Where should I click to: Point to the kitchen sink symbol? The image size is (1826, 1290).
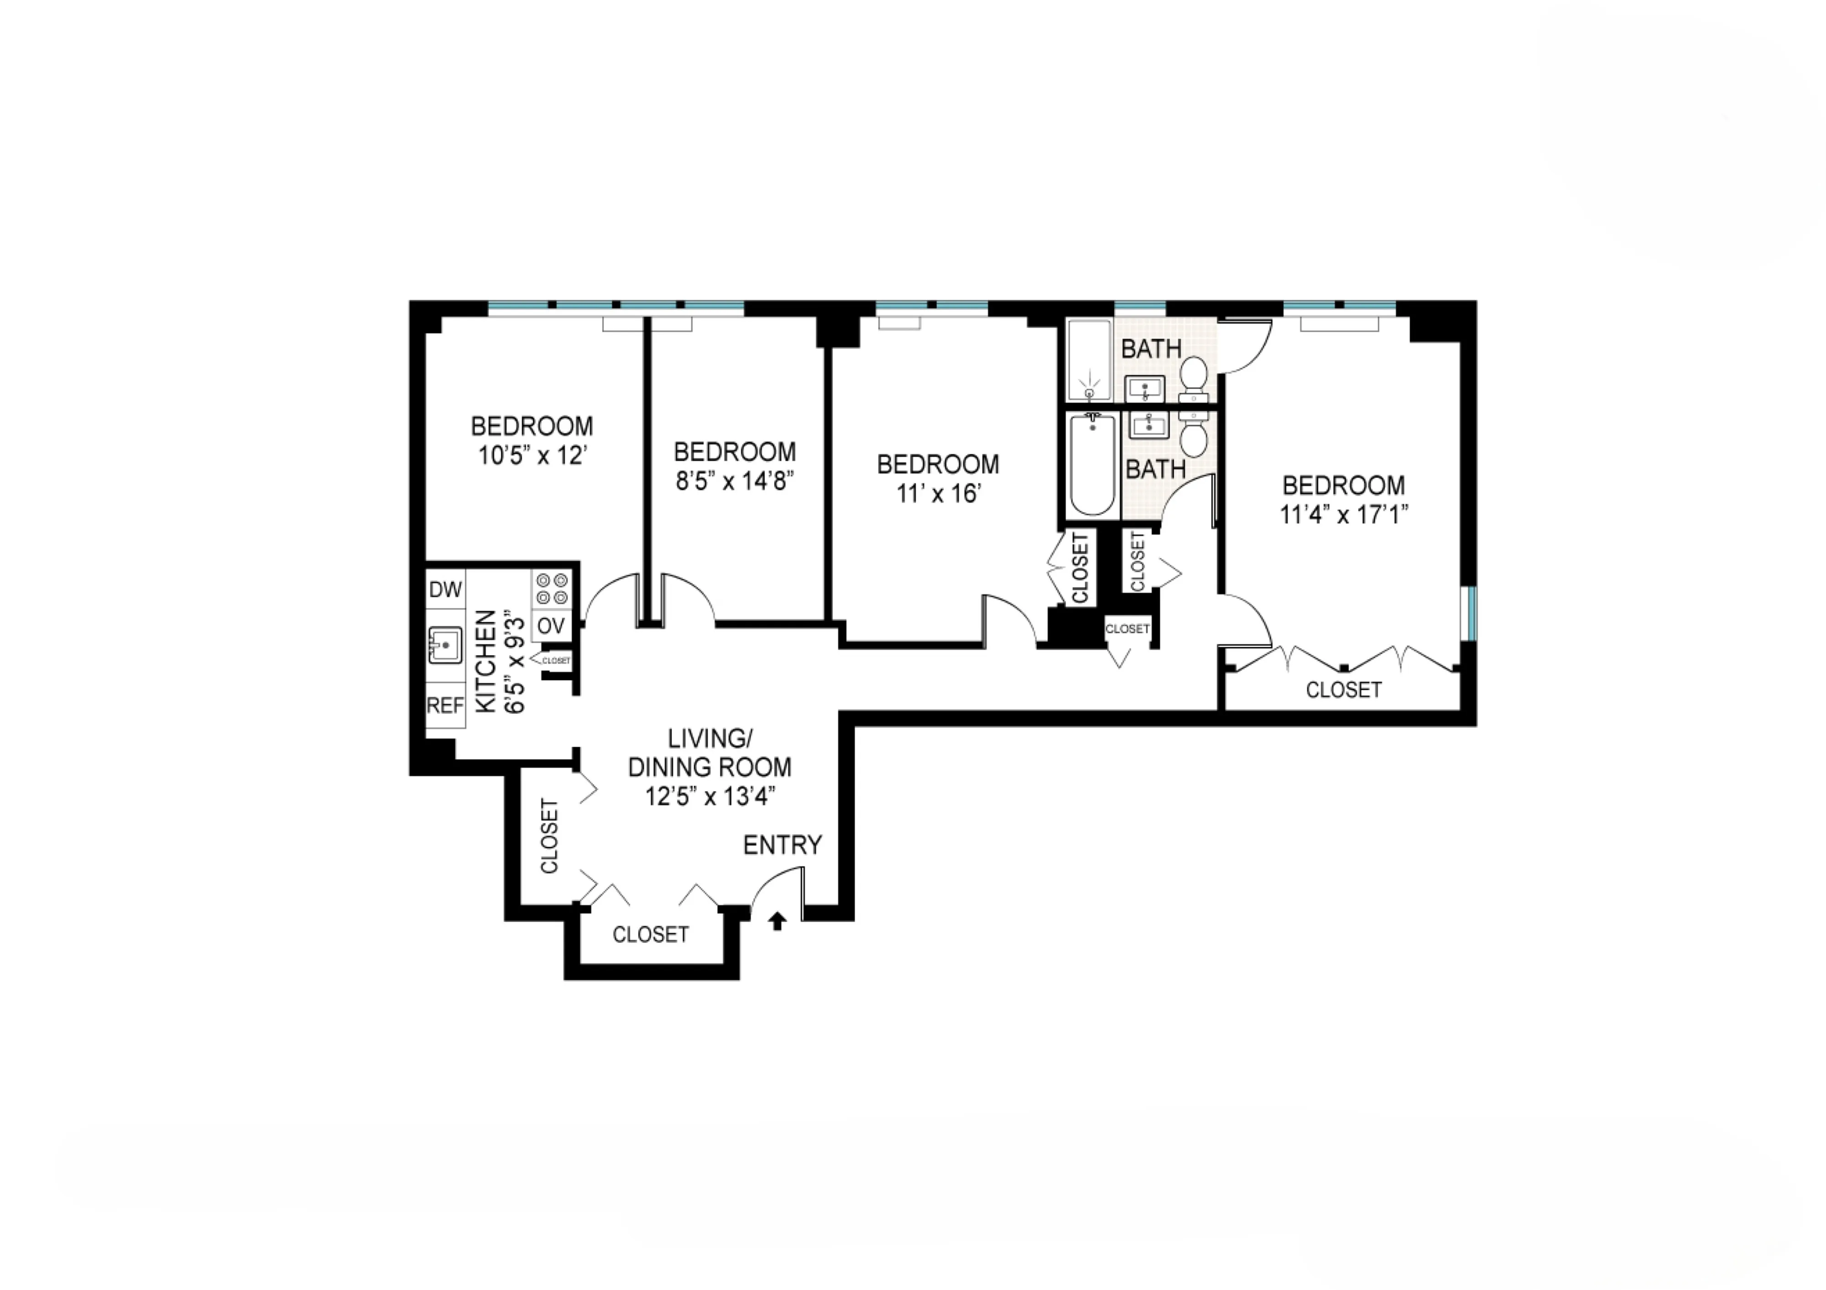445,644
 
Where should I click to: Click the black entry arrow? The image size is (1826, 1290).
778,921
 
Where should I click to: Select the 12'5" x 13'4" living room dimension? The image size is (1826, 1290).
710,796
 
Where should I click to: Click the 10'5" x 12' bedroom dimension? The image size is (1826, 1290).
532,456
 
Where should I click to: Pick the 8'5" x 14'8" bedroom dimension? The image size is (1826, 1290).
735,480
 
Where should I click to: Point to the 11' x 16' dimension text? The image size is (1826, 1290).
938,494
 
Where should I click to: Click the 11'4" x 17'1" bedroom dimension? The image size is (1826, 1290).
1343,515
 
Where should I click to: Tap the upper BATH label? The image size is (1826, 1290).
1151,348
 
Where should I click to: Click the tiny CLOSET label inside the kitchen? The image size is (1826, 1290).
556,661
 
